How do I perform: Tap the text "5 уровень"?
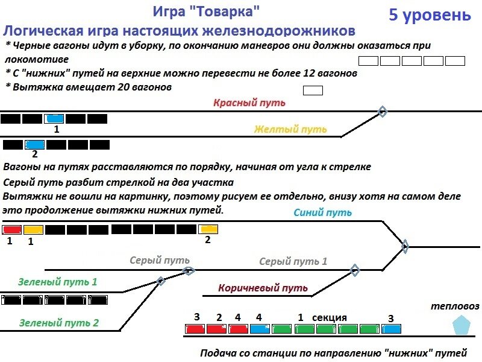[x=429, y=15]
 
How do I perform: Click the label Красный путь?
[x=249, y=102]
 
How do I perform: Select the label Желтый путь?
[x=290, y=129]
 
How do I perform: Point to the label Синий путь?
[x=322, y=212]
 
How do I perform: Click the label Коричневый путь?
[x=263, y=288]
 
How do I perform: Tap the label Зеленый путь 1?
[x=57, y=281]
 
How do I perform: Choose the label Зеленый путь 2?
[x=58, y=323]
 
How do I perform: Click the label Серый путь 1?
[x=293, y=261]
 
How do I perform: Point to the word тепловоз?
[x=455, y=306]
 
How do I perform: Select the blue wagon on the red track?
[x=54, y=119]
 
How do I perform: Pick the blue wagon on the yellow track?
[x=35, y=145]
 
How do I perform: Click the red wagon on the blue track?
[x=12, y=229]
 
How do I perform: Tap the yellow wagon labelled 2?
[x=208, y=229]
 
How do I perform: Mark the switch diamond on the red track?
[x=381, y=111]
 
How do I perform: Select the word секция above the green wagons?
[x=329, y=317]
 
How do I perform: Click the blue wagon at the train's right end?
[x=392, y=329]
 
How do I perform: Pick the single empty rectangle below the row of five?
[x=313, y=91]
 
